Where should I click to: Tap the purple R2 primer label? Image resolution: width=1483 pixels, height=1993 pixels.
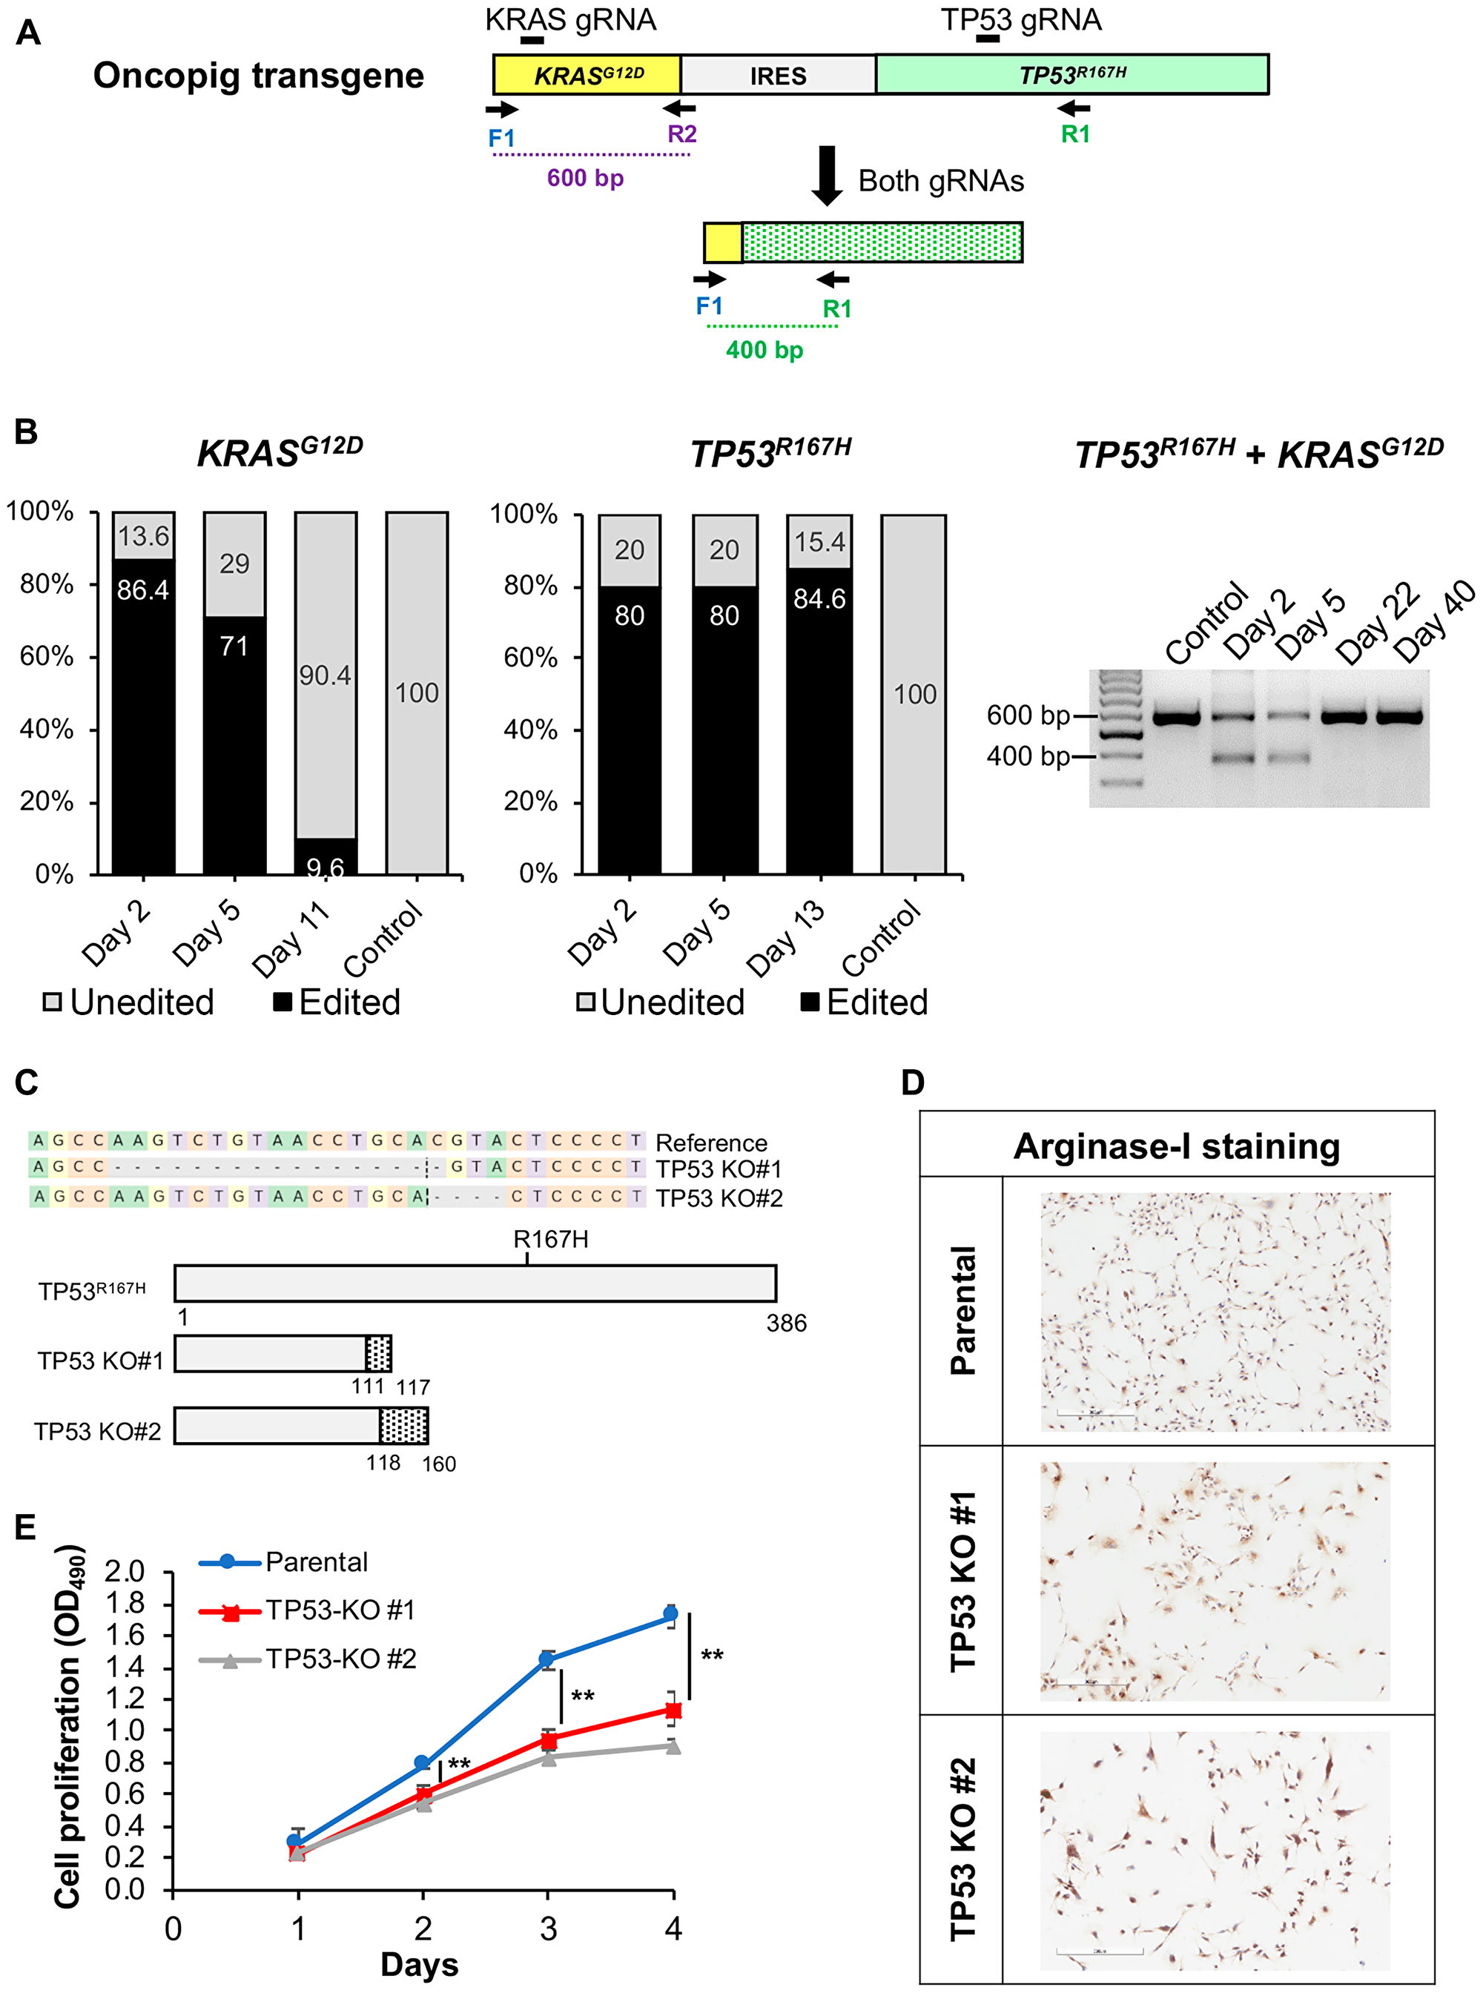tap(681, 133)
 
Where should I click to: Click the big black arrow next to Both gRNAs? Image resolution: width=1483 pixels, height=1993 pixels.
tap(826, 175)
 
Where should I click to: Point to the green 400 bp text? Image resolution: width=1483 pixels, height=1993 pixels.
tap(764, 350)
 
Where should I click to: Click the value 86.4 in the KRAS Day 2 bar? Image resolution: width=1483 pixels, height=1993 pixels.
tap(142, 590)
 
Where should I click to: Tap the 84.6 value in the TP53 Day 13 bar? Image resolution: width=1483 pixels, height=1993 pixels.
tap(819, 599)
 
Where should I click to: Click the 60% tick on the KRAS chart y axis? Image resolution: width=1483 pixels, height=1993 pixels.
tap(47, 656)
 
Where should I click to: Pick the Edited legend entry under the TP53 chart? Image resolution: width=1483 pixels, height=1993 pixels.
tap(865, 1002)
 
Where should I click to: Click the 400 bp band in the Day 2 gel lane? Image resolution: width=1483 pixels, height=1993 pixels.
tap(1232, 758)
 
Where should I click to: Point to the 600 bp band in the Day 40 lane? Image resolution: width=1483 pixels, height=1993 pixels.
tap(1399, 717)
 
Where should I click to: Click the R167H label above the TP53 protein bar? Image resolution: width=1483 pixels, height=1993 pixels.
tap(550, 1239)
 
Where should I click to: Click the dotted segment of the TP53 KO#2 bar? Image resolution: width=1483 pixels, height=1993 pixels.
tap(403, 1426)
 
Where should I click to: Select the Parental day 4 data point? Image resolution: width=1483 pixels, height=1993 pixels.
tap(670, 1613)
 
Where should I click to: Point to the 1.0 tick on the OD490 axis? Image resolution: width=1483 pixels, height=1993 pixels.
tap(125, 1730)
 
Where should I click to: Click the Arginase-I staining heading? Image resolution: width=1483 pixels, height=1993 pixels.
tap(1176, 1146)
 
